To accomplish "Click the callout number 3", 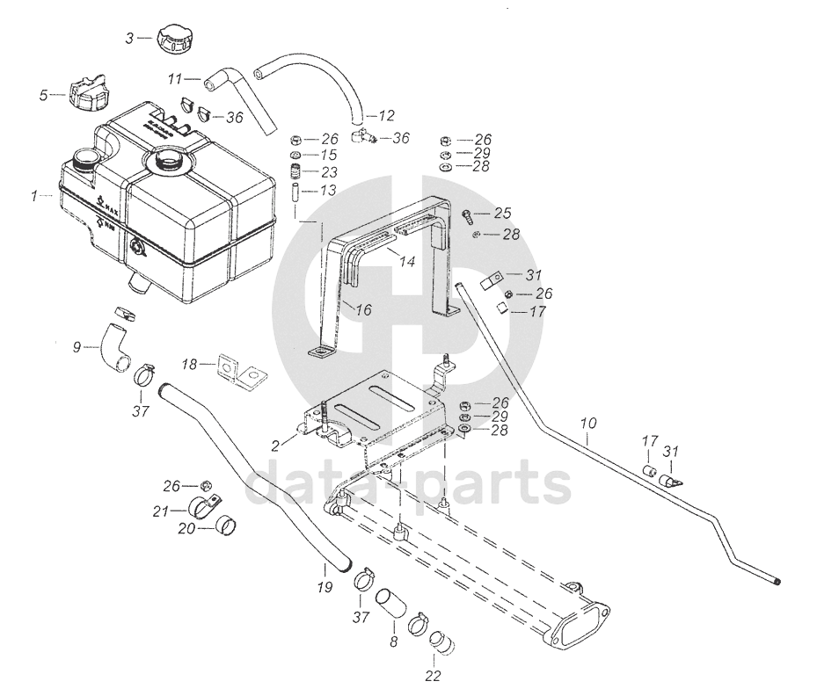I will (129, 38).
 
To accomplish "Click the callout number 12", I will (388, 115).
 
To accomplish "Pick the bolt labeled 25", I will (468, 214).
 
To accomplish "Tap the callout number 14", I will (407, 261).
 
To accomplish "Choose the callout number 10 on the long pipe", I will (588, 423).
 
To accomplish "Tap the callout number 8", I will (393, 642).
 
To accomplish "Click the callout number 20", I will (185, 529).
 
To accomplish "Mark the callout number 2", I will (275, 446).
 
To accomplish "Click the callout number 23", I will (329, 171).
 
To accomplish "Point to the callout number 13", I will (328, 189).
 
